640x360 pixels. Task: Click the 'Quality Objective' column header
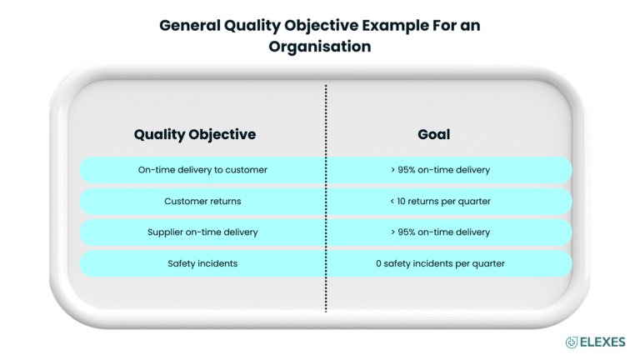pyautogui.click(x=194, y=134)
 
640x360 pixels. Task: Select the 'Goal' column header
pyautogui.click(x=433, y=134)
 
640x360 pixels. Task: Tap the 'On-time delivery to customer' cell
pyautogui.click(x=202, y=170)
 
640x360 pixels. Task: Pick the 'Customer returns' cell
pyautogui.click(x=202, y=201)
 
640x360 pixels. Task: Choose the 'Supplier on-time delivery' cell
pyautogui.click(x=202, y=232)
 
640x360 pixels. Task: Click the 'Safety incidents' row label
pyautogui.click(x=202, y=263)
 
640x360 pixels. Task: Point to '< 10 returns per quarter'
pyautogui.click(x=440, y=201)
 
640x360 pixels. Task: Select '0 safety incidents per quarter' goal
pyautogui.click(x=440, y=263)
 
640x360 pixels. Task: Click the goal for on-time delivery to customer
pyautogui.click(x=440, y=170)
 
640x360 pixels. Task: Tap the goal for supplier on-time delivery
pyautogui.click(x=440, y=232)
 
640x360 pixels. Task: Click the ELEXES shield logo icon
pyautogui.click(x=572, y=342)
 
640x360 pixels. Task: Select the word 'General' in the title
pyautogui.click(x=187, y=26)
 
